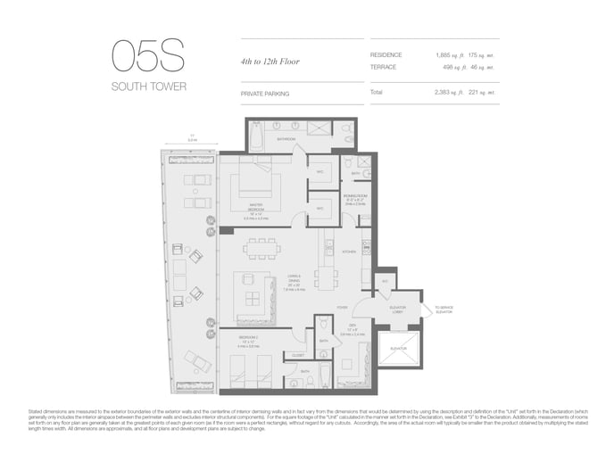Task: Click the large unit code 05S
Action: click(148, 56)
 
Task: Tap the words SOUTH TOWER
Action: click(148, 87)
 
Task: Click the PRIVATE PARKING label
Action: click(265, 93)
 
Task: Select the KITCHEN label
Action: click(349, 252)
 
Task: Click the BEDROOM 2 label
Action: click(249, 337)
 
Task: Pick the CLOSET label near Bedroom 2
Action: click(298, 355)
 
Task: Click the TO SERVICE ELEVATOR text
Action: click(443, 309)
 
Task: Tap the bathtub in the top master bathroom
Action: click(257, 137)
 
